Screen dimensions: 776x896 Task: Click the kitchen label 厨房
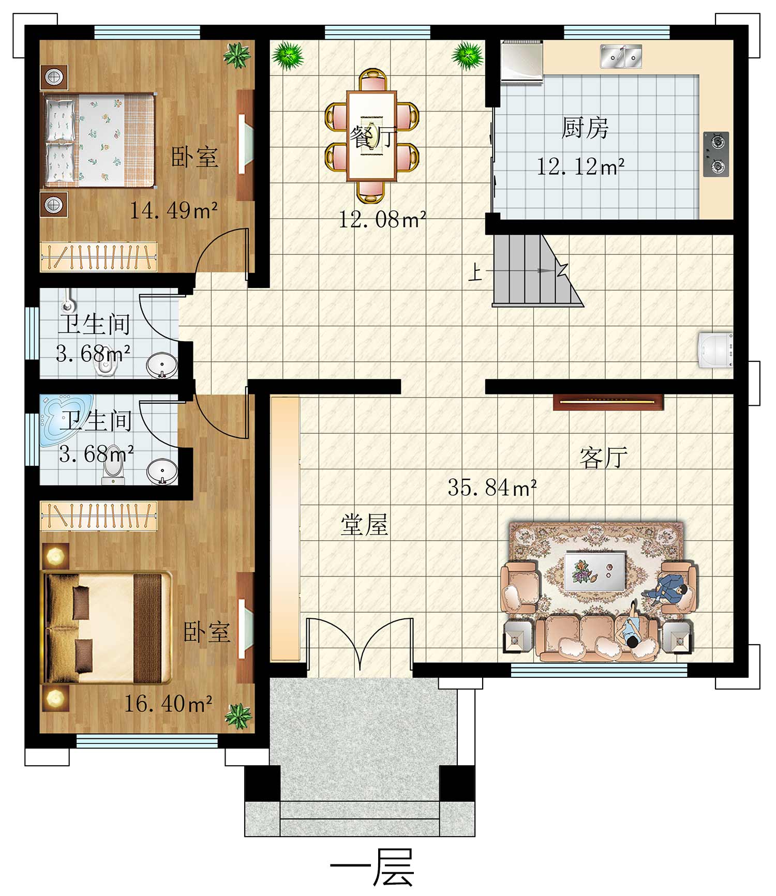coord(585,127)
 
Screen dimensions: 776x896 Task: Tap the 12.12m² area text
coord(580,166)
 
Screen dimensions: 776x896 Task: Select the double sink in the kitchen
coord(621,56)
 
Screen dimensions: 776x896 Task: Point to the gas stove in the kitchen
coord(717,154)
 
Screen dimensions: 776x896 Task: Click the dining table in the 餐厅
coord(372,136)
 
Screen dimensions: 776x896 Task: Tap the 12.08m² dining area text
coord(382,220)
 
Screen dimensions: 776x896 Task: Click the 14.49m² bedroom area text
coord(173,210)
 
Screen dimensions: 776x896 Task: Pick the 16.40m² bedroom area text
coord(168,703)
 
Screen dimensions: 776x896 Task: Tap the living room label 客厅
coord(604,458)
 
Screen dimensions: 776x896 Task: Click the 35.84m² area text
coord(492,488)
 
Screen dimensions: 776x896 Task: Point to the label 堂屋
coord(364,525)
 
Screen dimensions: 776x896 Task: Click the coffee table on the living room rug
coord(595,571)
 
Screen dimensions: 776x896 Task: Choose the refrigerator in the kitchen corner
coord(521,61)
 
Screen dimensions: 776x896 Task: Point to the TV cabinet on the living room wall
coord(608,402)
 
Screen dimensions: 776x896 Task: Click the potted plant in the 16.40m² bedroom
coord(238,716)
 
